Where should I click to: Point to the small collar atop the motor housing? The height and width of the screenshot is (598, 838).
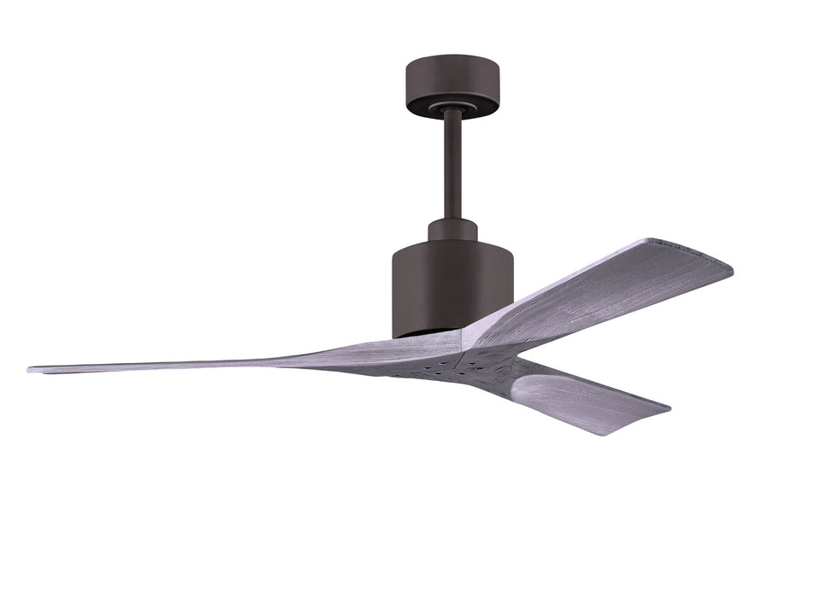point(452,230)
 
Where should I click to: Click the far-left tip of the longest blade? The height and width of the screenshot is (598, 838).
point(31,370)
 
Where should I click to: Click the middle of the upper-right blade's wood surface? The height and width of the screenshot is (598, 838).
point(599,286)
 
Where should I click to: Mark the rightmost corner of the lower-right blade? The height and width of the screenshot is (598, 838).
point(668,408)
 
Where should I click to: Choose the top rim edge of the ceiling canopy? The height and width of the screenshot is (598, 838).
point(451,58)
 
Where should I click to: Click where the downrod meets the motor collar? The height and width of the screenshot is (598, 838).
point(453,219)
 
